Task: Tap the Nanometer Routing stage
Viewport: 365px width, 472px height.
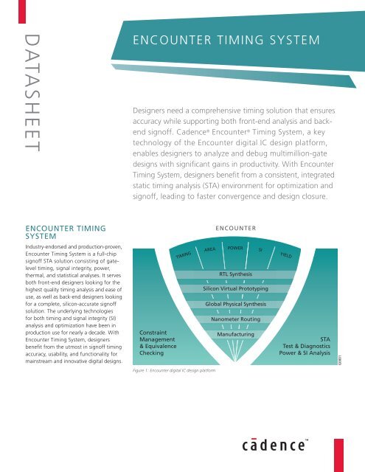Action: [234, 319]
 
